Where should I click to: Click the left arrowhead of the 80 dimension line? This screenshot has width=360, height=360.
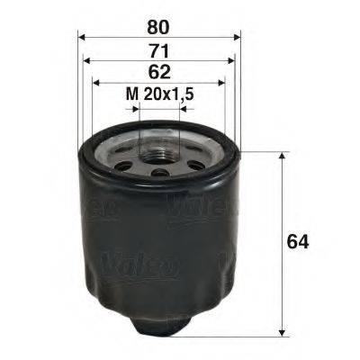click(82, 38)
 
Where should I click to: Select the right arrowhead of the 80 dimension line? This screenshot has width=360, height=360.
click(237, 38)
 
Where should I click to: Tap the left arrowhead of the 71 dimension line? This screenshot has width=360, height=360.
click(87, 61)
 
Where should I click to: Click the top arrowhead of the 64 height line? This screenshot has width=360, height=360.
click(284, 156)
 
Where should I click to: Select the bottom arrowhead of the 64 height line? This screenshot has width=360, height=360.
click(284, 327)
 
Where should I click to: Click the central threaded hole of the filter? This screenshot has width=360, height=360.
click(159, 147)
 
